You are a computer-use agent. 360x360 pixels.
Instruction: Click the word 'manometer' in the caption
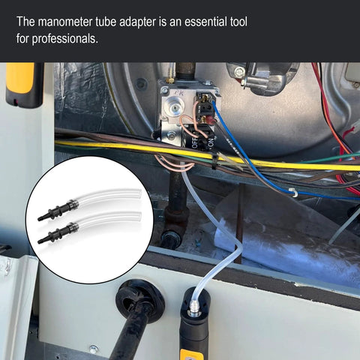click(65, 22)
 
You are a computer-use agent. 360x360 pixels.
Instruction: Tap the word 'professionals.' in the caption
click(65, 39)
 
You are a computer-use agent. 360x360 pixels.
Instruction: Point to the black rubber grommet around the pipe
click(140, 299)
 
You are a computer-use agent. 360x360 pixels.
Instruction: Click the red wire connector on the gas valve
click(211, 121)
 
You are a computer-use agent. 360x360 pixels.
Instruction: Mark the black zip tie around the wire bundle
click(214, 160)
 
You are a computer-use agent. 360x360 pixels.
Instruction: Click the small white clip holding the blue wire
click(293, 193)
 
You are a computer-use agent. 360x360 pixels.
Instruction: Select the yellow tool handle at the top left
click(20, 78)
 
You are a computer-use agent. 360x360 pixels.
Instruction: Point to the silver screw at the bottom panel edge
click(94, 349)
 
